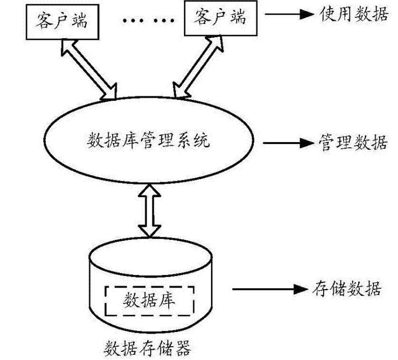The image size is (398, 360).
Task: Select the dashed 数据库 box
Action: click(150, 300)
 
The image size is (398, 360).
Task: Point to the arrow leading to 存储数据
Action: click(266, 289)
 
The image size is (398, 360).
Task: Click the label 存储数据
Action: click(345, 289)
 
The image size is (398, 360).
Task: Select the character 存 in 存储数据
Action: click(319, 289)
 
